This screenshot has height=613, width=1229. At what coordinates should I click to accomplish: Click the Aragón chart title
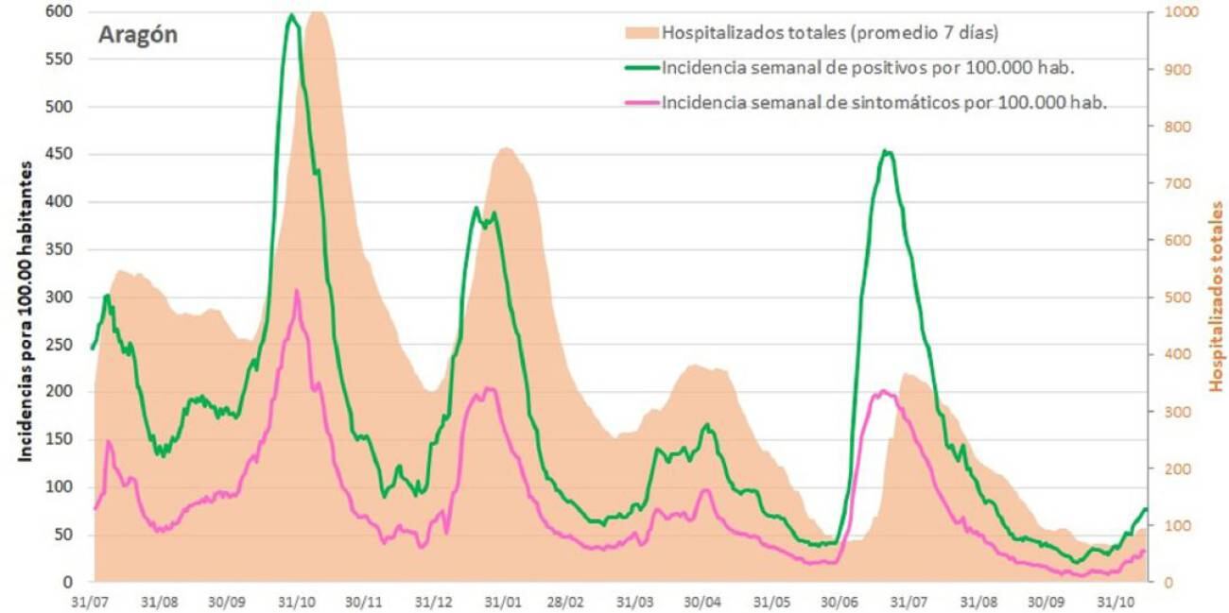coord(138,36)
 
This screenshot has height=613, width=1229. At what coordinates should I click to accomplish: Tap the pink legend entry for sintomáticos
coord(884,102)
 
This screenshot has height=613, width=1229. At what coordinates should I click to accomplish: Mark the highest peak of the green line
coord(291,15)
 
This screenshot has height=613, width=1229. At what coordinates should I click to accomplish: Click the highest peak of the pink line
coord(297,291)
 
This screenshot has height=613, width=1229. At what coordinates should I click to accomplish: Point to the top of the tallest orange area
coord(318,12)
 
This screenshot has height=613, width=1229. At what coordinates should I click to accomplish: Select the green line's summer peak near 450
coord(886,151)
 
